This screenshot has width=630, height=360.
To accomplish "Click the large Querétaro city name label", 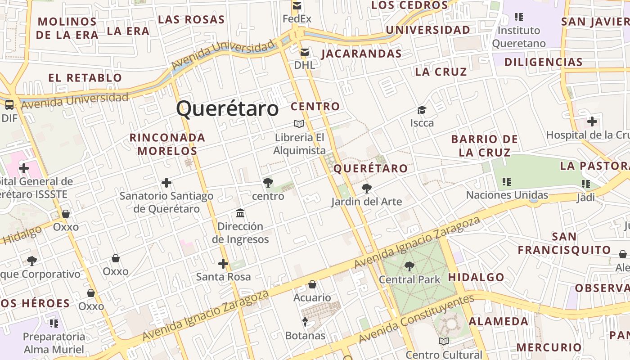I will tap(227, 109).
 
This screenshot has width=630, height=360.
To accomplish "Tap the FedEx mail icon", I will tap(297, 6).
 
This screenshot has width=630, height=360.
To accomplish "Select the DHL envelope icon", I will tap(305, 52).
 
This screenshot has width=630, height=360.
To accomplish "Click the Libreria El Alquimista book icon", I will tap(299, 124).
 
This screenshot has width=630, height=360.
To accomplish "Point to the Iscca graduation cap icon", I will tap(422, 110).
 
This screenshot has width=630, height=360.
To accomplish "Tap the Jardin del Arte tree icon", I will tap(367, 188).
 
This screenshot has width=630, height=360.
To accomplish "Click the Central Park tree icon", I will tap(409, 266).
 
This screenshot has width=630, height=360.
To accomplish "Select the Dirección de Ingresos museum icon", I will tap(240, 213).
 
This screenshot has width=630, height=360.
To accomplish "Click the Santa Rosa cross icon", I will tap(223, 264).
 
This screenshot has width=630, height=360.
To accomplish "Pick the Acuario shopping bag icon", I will tap(312, 284).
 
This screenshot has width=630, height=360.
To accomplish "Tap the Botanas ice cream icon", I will tap(305, 322).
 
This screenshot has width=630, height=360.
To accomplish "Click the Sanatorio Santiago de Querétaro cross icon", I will tap(166, 183).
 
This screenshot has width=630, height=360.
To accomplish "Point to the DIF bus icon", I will tap(9, 105).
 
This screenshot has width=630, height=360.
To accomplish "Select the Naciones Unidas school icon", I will tap(507, 182).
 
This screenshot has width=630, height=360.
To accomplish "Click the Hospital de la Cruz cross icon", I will tap(592, 121).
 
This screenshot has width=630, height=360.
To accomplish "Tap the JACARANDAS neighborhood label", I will tap(361, 54).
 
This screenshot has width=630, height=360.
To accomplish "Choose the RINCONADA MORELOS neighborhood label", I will tap(167, 144).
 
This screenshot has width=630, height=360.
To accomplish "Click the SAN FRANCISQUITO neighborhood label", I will tap(564, 243).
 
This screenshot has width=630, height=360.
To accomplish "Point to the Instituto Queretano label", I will tap(518, 37).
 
